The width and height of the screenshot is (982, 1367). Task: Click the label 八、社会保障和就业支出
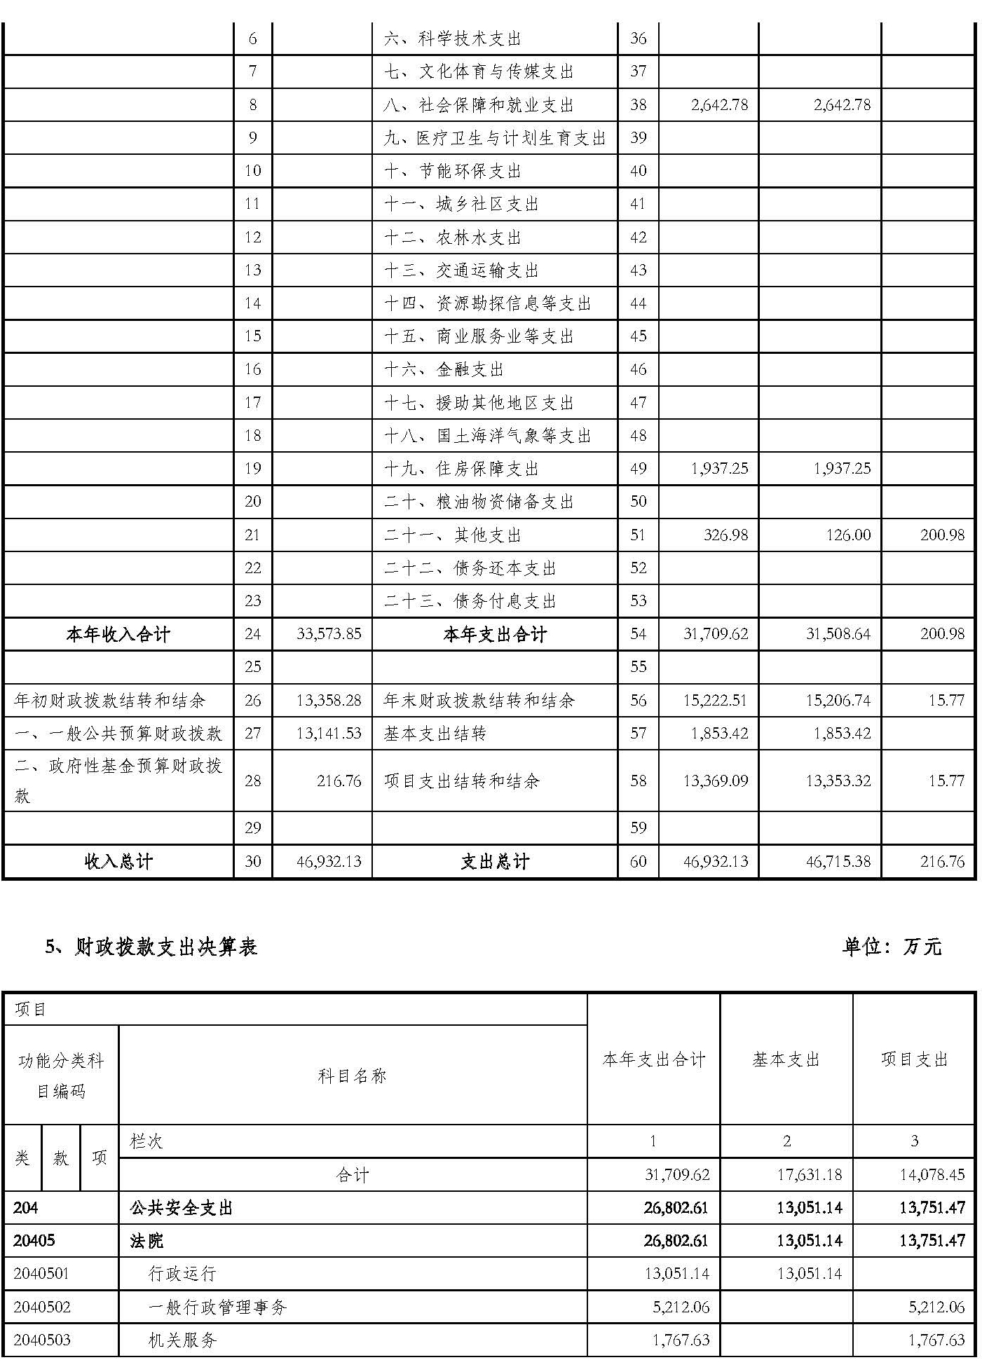click(x=479, y=105)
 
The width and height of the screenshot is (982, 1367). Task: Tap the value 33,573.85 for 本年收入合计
click(x=329, y=634)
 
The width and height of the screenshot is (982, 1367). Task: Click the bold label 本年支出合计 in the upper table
click(x=494, y=635)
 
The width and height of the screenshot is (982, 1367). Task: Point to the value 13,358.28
click(x=329, y=701)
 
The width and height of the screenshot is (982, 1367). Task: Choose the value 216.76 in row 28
click(x=339, y=781)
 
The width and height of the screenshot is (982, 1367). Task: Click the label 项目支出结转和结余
click(x=461, y=781)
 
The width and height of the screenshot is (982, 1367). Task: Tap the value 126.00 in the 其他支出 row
click(x=848, y=535)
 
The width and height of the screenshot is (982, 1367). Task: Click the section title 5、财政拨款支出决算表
click(x=151, y=947)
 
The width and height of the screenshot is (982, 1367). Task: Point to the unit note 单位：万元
click(x=892, y=947)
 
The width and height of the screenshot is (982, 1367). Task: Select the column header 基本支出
click(x=786, y=1060)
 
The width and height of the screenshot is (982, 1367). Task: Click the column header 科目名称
click(x=352, y=1076)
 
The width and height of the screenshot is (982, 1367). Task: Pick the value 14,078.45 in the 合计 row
click(x=932, y=1174)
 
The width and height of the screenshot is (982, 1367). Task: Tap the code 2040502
click(x=42, y=1307)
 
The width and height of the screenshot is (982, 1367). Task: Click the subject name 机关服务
click(x=182, y=1340)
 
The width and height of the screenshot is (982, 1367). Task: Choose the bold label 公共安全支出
click(x=181, y=1207)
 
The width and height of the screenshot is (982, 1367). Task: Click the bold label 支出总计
click(x=494, y=862)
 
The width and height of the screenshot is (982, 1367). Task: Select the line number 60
click(x=638, y=862)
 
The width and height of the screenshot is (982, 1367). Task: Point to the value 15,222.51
click(x=715, y=701)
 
